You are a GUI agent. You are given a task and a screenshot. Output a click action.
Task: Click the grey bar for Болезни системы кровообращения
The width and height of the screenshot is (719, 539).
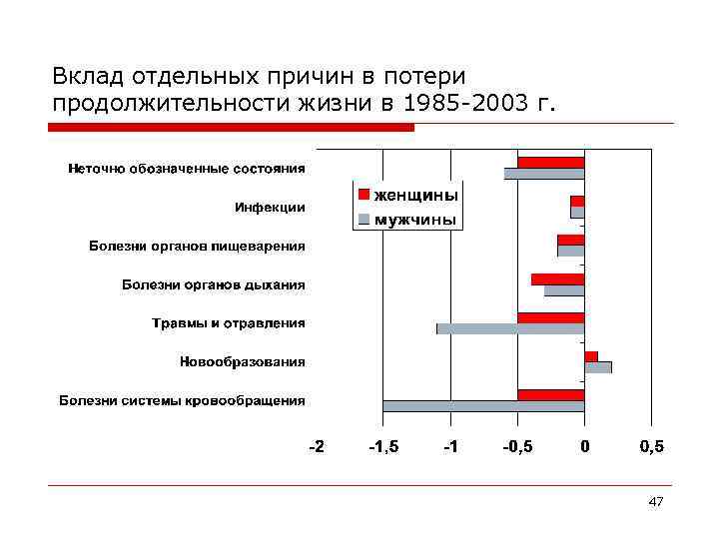(483, 406)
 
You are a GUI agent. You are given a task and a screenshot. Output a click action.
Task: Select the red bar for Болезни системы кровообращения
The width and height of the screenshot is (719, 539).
(550, 394)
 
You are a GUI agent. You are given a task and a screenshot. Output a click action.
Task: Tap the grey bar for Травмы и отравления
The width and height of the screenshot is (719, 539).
(510, 328)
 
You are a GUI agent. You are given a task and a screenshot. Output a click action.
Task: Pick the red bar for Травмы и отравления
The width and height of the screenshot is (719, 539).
(550, 317)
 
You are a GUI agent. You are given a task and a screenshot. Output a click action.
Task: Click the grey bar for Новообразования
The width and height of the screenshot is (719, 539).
(598, 367)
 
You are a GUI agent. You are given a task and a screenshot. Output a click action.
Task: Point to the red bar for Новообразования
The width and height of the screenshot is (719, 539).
(591, 356)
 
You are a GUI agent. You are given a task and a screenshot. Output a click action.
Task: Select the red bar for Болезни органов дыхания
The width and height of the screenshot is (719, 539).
(557, 278)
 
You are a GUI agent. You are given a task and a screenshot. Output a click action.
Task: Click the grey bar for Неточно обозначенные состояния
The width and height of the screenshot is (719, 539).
(544, 174)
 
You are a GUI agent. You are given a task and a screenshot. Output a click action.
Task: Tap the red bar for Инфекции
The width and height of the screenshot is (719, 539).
(577, 201)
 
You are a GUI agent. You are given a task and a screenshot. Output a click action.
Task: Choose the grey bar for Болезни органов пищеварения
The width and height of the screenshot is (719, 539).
(570, 251)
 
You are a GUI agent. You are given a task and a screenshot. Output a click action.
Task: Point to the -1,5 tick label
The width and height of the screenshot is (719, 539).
(383, 446)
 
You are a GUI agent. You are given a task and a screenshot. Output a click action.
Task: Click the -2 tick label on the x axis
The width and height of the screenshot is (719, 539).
(316, 446)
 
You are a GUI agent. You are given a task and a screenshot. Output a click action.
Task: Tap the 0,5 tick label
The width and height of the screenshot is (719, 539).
(650, 446)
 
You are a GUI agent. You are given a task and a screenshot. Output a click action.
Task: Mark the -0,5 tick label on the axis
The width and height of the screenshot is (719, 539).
(516, 446)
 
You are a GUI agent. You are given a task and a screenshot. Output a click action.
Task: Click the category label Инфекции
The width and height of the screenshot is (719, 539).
(270, 208)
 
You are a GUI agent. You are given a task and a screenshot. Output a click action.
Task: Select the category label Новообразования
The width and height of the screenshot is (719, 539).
(243, 361)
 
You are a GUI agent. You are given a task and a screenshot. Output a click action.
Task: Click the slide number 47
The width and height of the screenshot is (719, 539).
(655, 501)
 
